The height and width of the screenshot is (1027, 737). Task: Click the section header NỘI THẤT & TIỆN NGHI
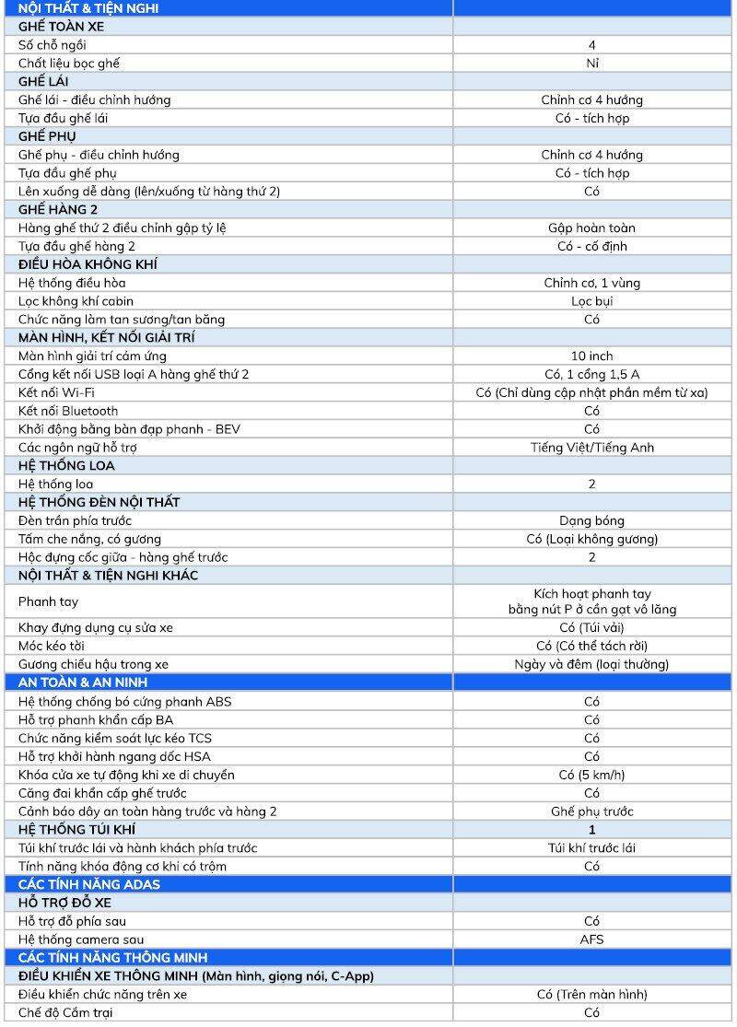88,8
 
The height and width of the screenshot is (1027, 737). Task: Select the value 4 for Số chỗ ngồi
591,45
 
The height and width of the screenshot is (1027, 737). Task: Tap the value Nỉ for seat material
591,64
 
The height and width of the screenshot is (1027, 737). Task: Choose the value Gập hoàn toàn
591,228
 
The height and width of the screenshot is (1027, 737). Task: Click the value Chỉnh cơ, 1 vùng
591,283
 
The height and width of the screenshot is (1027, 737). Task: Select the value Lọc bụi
591,301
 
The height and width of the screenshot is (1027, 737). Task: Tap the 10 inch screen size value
591,356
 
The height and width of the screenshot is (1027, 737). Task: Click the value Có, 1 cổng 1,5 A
591,374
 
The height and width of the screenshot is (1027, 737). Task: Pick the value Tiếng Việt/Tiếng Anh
591,448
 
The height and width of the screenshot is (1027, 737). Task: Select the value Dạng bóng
591,520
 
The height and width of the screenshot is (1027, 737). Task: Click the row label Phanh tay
49,601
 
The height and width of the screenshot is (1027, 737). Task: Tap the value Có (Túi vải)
591,627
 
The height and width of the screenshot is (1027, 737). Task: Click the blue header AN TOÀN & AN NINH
83,683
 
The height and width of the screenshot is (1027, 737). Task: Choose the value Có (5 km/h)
591,775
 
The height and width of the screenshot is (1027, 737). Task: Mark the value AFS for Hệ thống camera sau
591,939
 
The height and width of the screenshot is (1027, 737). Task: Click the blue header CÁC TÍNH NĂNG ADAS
89,884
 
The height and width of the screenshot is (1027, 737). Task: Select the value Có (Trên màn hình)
591,994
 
